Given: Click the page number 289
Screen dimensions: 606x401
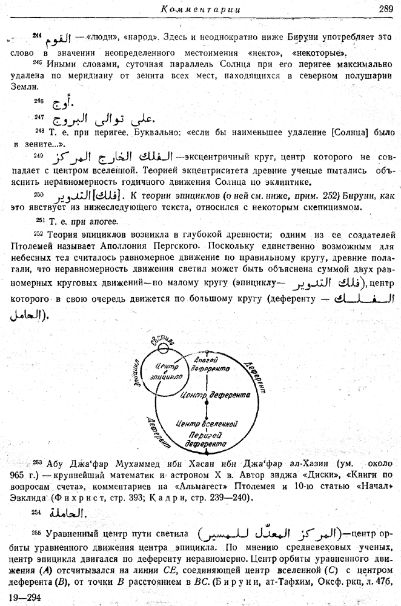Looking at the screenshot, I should [x=385, y=8].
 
